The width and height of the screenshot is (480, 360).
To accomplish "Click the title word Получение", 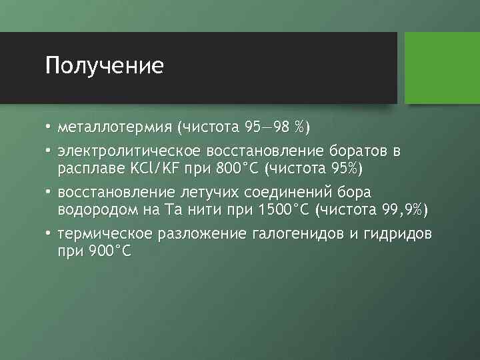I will point(105,66).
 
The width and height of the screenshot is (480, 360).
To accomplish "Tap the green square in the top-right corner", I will point(442,67).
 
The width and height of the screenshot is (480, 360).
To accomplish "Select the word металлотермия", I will point(115,126).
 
